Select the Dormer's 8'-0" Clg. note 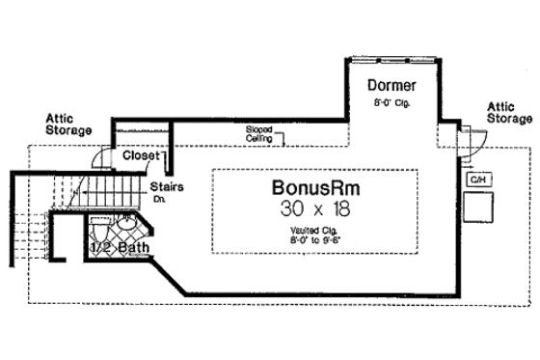393,102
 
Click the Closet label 142,155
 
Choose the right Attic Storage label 508,112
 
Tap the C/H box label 476,180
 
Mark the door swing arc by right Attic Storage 473,141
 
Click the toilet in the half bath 98,232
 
